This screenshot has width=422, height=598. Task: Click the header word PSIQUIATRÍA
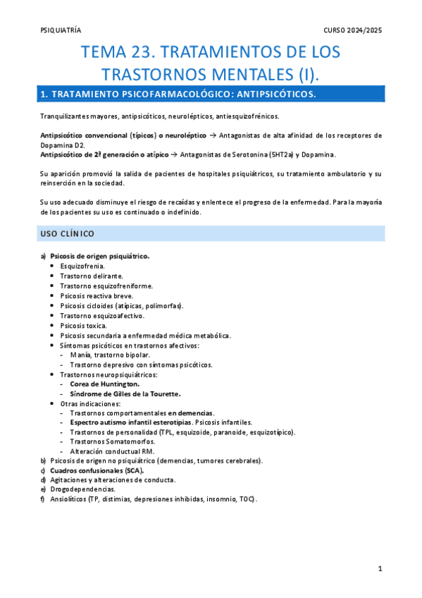click(x=61, y=31)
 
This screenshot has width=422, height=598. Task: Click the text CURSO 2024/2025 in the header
click(x=352, y=31)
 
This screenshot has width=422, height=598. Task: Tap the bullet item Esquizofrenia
click(x=82, y=266)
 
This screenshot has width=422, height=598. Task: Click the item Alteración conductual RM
click(x=112, y=451)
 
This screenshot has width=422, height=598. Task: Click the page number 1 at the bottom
click(x=379, y=568)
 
